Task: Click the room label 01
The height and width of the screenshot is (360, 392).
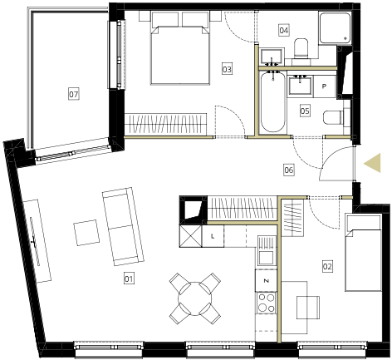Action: click(x=129, y=279)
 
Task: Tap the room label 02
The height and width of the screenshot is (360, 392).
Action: click(x=327, y=267)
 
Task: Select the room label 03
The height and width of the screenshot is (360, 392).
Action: click(x=227, y=69)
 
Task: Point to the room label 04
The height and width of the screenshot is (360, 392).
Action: click(x=284, y=30)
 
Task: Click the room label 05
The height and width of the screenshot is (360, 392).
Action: click(x=305, y=111)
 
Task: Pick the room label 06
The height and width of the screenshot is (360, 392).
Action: click(x=289, y=170)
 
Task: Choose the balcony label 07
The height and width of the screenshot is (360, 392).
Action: click(x=74, y=94)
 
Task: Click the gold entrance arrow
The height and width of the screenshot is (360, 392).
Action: click(x=372, y=163)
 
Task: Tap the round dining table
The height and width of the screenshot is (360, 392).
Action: click(x=195, y=298)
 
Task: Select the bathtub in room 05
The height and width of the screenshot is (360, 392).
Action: click(x=273, y=102)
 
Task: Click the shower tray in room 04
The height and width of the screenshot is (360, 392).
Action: click(x=335, y=27)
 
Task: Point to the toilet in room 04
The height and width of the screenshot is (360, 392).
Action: click(x=301, y=48)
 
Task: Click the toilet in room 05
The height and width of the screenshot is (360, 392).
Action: click(x=333, y=117)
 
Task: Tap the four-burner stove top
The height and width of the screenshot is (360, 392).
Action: click(x=267, y=303)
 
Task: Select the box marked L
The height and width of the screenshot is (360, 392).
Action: click(x=213, y=236)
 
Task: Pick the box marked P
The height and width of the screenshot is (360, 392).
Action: click(x=325, y=86)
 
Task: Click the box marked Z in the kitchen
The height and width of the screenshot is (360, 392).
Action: click(x=267, y=281)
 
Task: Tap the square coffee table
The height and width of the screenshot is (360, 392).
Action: click(x=86, y=233)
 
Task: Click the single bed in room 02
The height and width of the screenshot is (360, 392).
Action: click(x=363, y=252)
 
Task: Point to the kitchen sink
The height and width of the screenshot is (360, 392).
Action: click(x=267, y=250)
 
